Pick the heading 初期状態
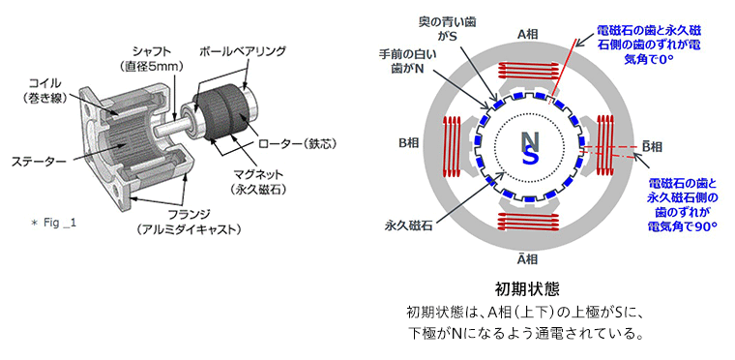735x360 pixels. (x=527, y=288)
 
